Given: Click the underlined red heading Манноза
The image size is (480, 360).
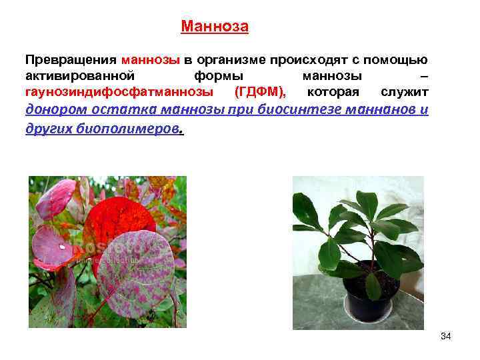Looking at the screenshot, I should [x=215, y=27].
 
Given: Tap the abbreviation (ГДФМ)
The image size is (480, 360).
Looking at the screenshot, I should [x=261, y=91].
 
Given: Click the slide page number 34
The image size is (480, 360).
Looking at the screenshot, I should [x=446, y=337].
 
